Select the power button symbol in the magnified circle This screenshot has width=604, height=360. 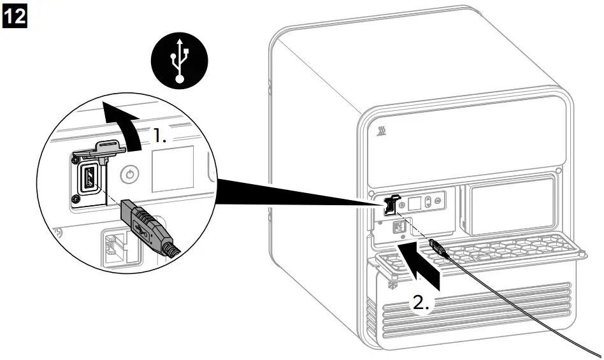tap(129, 173)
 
